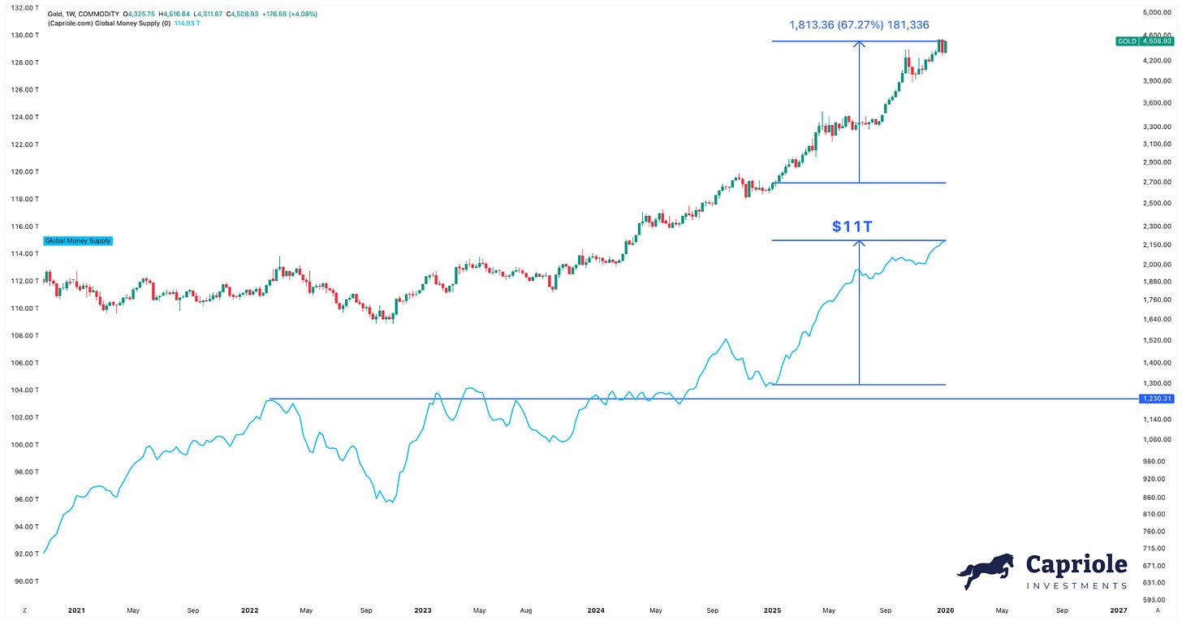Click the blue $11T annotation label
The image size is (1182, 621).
[x=852, y=226]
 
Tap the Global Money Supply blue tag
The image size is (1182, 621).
[x=78, y=240]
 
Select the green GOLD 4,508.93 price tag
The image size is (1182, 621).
[x=1145, y=41]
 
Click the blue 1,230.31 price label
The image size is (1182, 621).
[x=1157, y=399]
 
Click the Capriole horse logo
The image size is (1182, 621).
[x=986, y=571]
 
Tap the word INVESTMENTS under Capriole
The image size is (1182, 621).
[x=1076, y=585]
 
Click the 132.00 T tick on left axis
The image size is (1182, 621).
[x=25, y=8]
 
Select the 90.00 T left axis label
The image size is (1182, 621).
[x=25, y=581]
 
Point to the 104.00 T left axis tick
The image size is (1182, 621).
[x=25, y=390]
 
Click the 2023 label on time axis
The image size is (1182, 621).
[x=423, y=610]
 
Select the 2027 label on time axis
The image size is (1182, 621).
[x=1118, y=610]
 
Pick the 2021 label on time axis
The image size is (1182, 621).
[x=76, y=610]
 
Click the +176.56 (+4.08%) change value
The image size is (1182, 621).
[x=290, y=15]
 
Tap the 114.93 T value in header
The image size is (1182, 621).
[x=188, y=24]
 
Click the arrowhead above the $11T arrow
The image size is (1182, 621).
[x=859, y=243]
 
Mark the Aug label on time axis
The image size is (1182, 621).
[x=526, y=610]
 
